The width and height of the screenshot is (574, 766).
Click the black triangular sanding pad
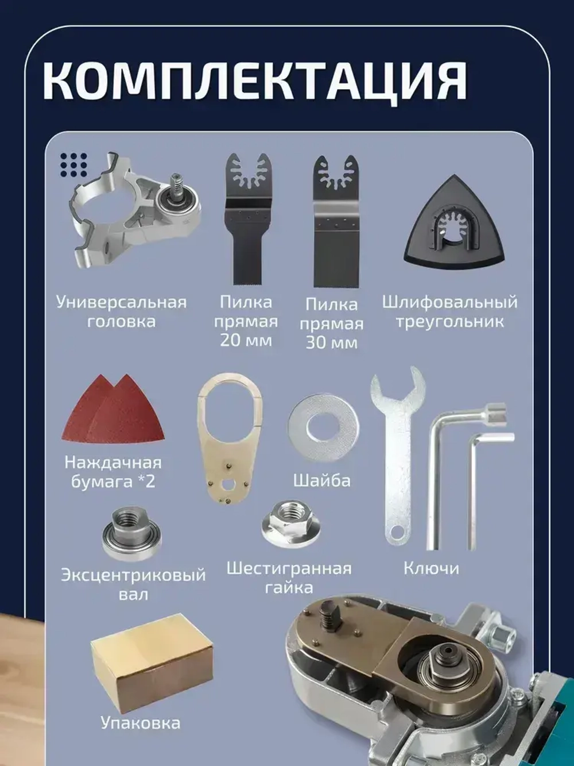tap(456, 230)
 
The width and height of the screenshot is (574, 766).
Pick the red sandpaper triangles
tap(115, 411)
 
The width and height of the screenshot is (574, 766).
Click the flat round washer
tap(323, 428)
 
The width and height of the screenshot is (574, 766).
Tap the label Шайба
tap(321, 480)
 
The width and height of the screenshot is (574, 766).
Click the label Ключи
tap(431, 568)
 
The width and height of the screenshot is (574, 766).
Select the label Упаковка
tap(140, 722)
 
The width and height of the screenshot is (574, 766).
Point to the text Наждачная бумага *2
tap(113, 472)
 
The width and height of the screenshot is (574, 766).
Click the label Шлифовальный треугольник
tap(449, 311)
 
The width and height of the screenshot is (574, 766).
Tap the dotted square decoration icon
tap(73, 165)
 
